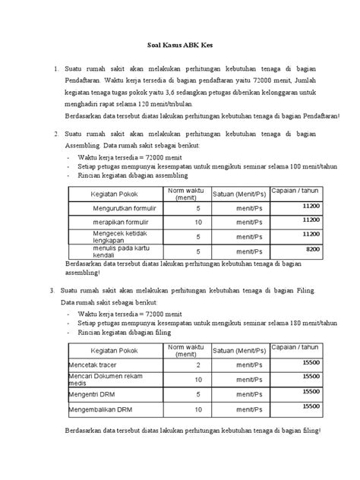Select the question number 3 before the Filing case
tap(50, 291)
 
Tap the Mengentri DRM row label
tap(93, 395)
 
